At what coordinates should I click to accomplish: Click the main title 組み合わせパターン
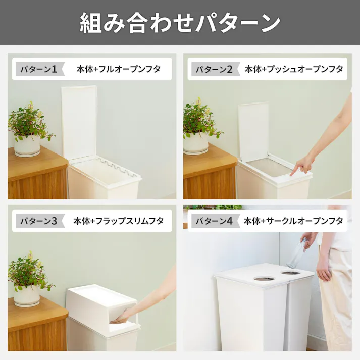tap(180, 23)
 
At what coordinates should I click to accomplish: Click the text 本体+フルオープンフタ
tap(118, 69)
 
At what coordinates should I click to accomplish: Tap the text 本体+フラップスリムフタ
tap(118, 221)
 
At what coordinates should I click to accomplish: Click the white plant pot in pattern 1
tap(26, 146)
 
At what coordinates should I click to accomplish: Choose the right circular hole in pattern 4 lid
tap(291, 273)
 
